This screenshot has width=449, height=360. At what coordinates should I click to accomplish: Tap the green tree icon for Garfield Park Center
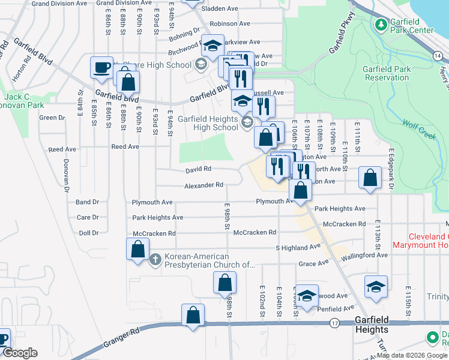coord(380,24)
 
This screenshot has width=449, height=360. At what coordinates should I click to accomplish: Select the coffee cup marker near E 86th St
coord(101,67)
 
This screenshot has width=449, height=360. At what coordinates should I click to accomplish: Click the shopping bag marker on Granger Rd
coord(193,316)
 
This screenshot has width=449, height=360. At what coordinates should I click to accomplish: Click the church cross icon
coord(155,260)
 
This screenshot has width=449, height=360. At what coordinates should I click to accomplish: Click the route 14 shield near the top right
coord(438,56)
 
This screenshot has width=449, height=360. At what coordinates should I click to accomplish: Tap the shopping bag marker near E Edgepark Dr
coord(370,178)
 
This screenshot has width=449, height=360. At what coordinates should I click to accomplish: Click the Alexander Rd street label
coord(203,185)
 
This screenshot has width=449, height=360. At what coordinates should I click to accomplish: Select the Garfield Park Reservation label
coord(387,73)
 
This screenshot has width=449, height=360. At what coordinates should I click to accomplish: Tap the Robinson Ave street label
coord(230,24)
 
